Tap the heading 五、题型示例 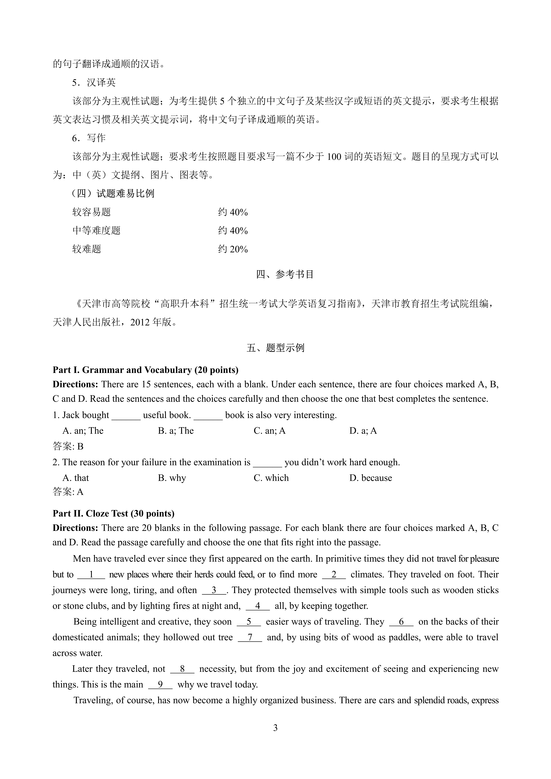(275, 348)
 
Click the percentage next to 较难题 (233, 249)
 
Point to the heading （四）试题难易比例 (113, 194)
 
